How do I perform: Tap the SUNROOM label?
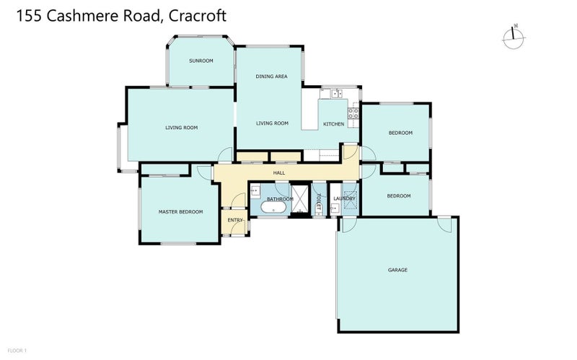click(x=201, y=61)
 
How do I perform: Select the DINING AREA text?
click(x=272, y=76)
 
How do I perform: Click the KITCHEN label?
click(x=333, y=124)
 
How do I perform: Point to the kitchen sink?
click(x=335, y=93)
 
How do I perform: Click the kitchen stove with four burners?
click(x=353, y=113)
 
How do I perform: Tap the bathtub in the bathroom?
click(x=275, y=208)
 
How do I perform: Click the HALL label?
click(x=279, y=173)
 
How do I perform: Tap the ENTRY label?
click(x=235, y=220)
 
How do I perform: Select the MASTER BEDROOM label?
click(x=180, y=211)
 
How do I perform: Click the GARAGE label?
click(x=397, y=270)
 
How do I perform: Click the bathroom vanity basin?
click(x=255, y=191)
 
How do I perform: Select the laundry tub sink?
click(x=334, y=208)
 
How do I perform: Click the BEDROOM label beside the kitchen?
click(x=400, y=133)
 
